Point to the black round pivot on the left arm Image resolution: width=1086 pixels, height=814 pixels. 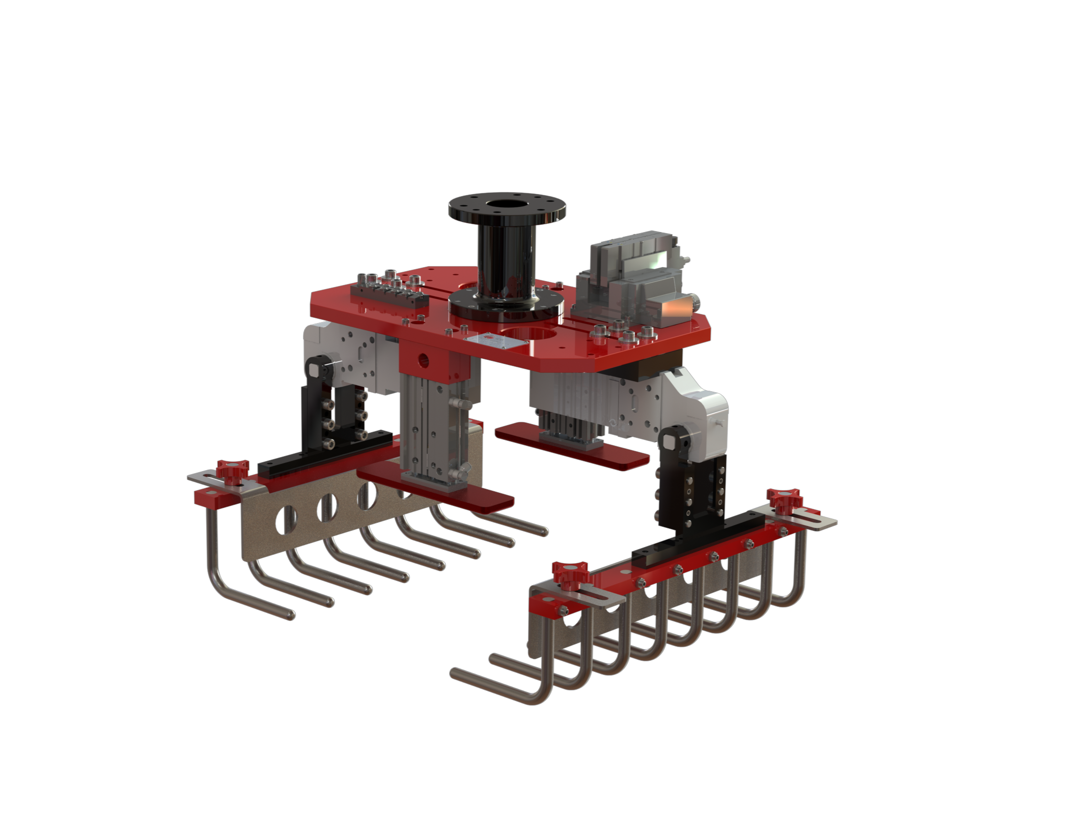(x=317, y=366)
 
